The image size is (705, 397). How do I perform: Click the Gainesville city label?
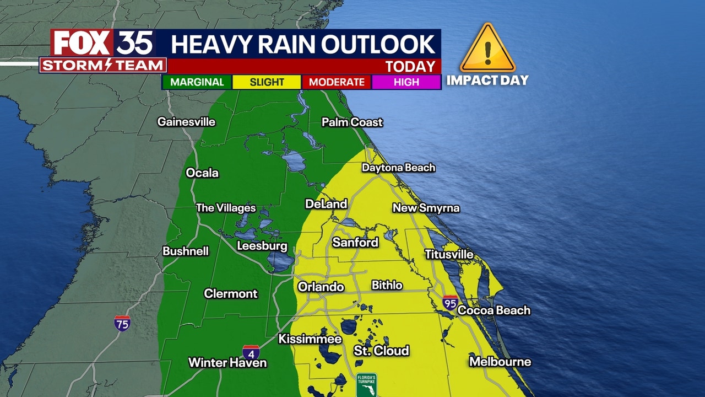(x=186, y=122)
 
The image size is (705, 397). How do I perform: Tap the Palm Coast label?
(x=352, y=122)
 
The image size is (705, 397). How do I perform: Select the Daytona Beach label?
(x=398, y=168)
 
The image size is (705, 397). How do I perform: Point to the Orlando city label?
(x=321, y=287)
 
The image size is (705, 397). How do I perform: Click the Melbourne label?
(x=500, y=362)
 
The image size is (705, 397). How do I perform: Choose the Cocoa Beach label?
(x=493, y=310)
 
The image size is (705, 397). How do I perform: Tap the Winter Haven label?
(x=227, y=363)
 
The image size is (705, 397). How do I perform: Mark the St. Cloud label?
(x=381, y=351)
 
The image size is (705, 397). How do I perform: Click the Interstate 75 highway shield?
(x=122, y=323)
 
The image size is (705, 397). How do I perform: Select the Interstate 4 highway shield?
(x=251, y=353)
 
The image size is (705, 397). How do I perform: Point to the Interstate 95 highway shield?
(x=450, y=303)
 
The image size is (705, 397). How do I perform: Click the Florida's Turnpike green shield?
(x=366, y=384)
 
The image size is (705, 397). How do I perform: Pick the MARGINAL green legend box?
(x=197, y=82)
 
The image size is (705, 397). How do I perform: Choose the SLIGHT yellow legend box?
(x=267, y=82)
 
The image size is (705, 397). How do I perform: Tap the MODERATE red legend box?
(x=337, y=82)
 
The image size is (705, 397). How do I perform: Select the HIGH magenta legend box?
(x=406, y=82)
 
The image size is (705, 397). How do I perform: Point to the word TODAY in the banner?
(x=410, y=67)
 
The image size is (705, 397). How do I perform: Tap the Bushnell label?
(x=186, y=251)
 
